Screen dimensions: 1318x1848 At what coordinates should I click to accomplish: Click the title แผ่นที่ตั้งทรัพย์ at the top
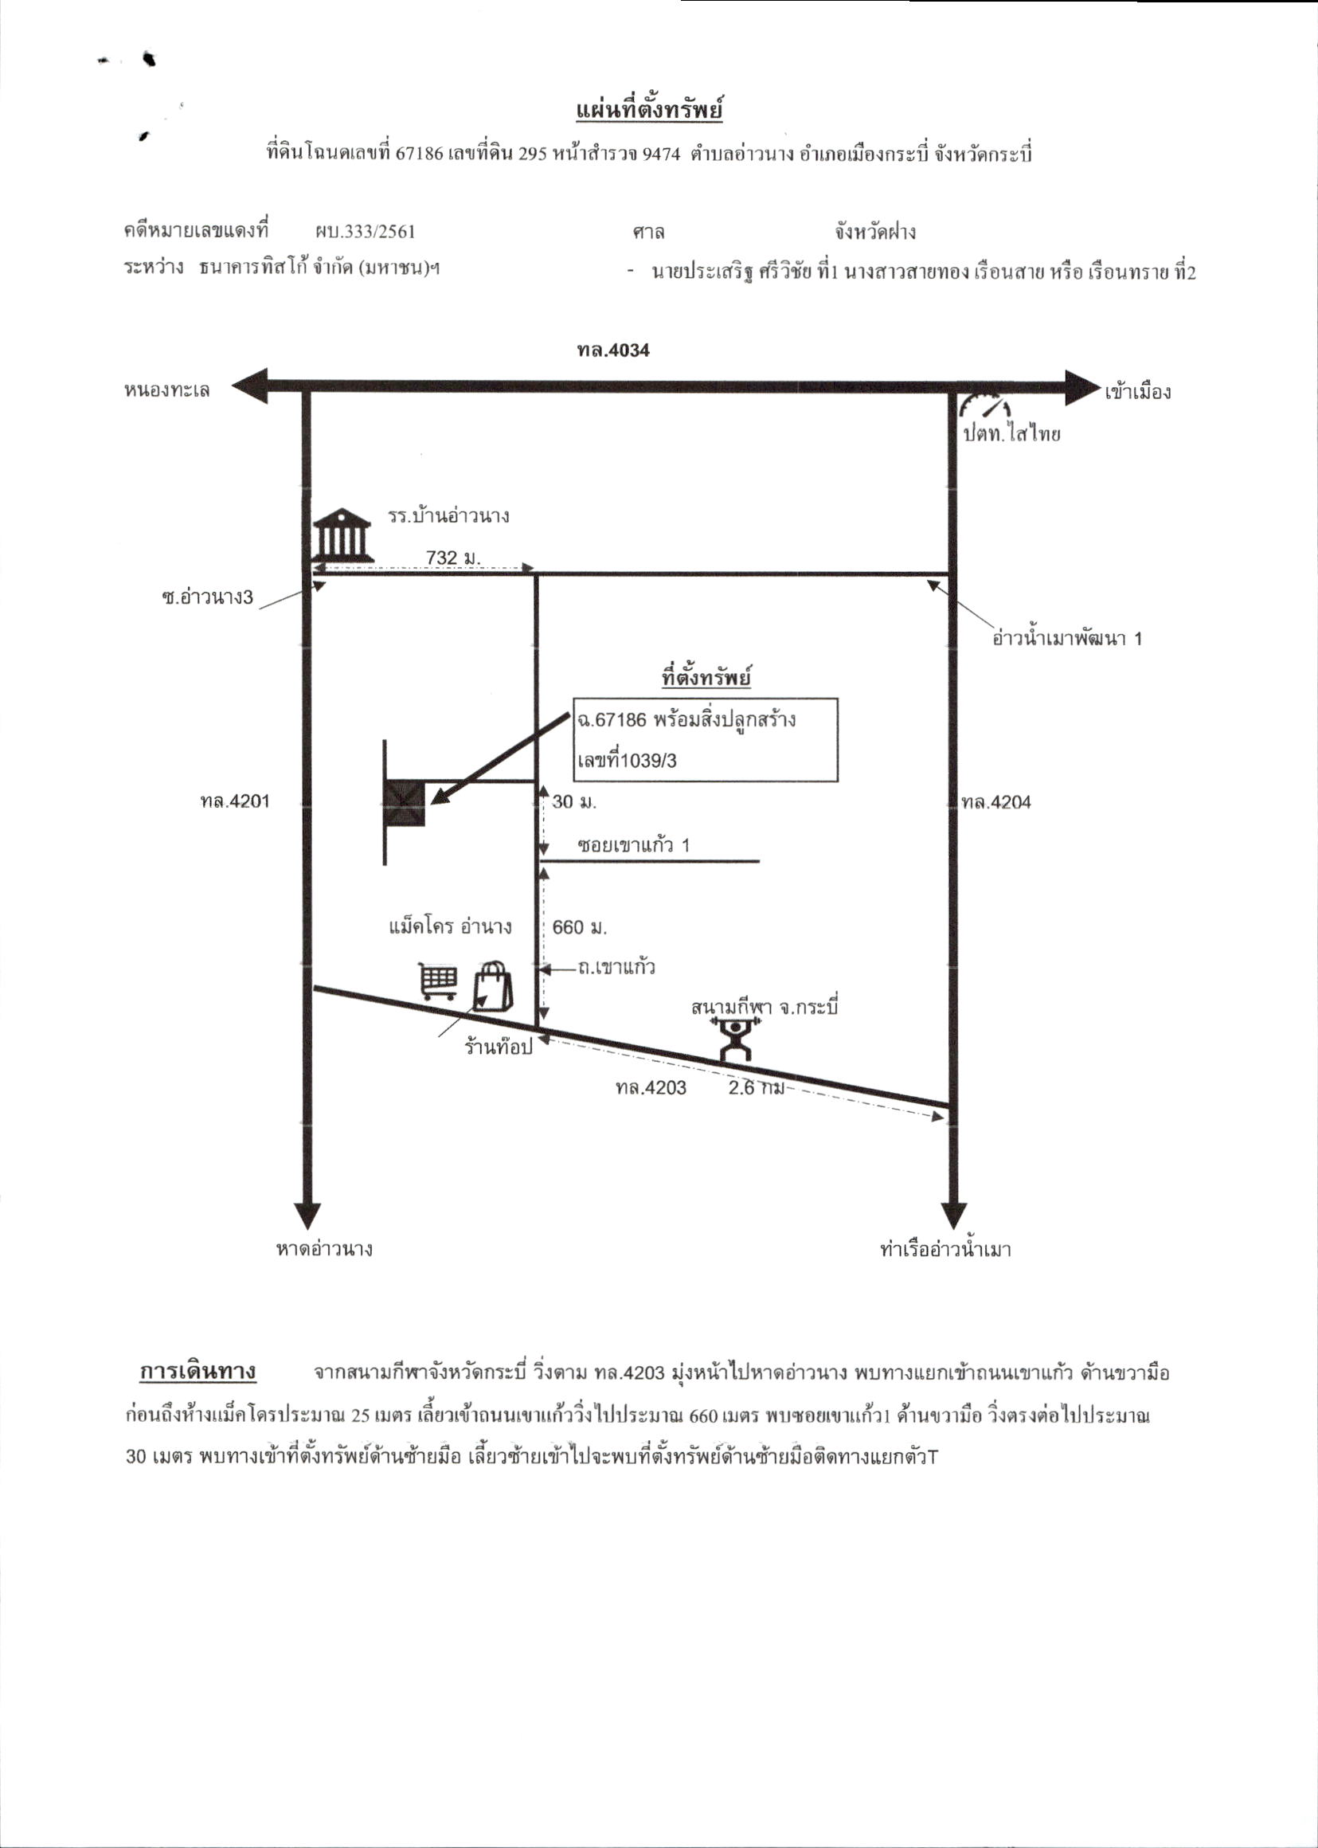pos(649,111)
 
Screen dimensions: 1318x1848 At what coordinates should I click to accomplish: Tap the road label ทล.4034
pos(613,350)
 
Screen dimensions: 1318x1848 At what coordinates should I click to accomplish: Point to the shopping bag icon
pos(493,986)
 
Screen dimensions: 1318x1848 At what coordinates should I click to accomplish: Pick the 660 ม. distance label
pos(580,927)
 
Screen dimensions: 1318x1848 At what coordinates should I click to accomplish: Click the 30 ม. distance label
pos(573,802)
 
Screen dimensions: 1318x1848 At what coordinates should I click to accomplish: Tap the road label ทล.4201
pos(235,801)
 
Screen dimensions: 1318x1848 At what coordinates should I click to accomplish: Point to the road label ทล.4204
pos(995,803)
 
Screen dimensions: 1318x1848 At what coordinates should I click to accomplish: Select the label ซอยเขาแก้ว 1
pos(633,845)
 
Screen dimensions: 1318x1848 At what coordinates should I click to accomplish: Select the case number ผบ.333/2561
pos(366,231)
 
